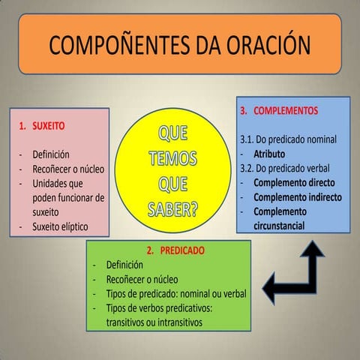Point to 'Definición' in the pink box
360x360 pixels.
(x=51, y=154)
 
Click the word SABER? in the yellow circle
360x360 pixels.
(x=174, y=208)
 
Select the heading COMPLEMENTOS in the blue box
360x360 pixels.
(x=289, y=109)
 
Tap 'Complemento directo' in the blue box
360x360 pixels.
(x=294, y=182)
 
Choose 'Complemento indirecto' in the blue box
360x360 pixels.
(x=298, y=196)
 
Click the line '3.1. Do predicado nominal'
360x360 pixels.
(x=289, y=139)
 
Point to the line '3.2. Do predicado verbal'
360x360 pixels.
(x=286, y=168)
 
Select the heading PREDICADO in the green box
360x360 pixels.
(x=181, y=250)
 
